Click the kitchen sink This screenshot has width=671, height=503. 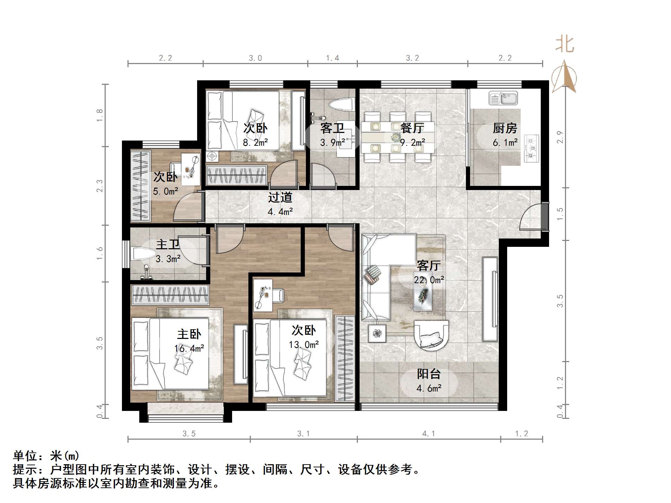tap(503, 98)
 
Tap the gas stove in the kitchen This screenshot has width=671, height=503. tap(531, 149)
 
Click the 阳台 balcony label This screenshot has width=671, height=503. tap(429, 374)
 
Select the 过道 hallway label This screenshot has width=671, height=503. tap(280, 197)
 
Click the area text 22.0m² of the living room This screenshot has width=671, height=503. tap(429, 280)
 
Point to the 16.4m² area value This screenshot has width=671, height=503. tap(189, 348)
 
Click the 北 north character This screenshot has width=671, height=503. tap(564, 45)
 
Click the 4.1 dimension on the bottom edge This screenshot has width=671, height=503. tap(429, 434)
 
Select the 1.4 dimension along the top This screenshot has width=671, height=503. tap(332, 58)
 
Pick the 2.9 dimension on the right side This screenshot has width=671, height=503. tap(560, 137)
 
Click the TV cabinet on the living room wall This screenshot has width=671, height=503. tap(490, 298)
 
